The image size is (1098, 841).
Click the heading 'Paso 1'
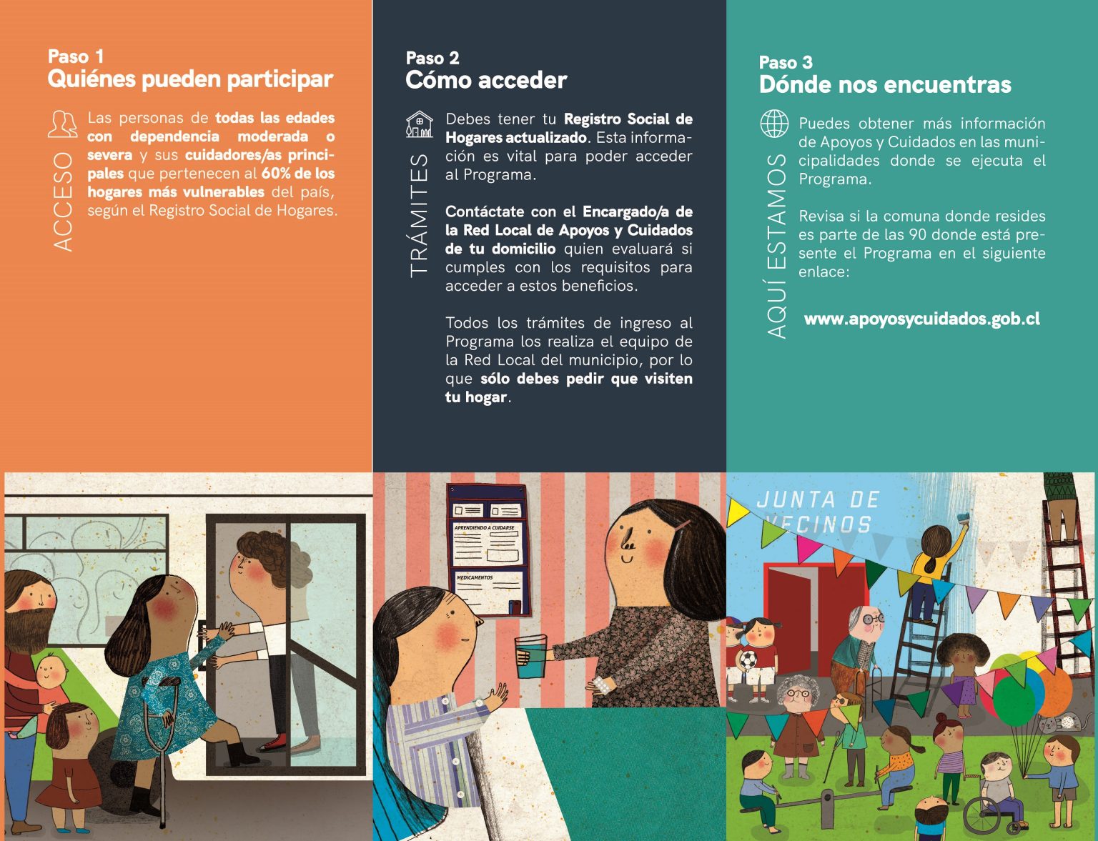pos(76,56)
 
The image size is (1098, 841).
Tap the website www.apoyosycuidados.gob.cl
pos(921,319)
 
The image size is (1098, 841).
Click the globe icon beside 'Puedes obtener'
pos(774,124)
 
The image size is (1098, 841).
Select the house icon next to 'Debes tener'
pos(420,124)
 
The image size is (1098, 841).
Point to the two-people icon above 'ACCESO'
pos(63,124)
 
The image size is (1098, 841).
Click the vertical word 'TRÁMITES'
pos(419,216)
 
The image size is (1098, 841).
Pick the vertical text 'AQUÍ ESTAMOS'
pos(776,246)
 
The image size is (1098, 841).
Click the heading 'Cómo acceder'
pos(486,80)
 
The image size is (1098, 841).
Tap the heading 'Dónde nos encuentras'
pos(885,84)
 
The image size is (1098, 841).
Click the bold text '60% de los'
pos(297,173)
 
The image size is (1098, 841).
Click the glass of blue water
pos(530,657)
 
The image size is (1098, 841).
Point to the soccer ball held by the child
pos(748,660)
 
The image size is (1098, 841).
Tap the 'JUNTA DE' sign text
pos(818,500)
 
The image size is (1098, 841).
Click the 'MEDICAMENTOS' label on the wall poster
pos(474,577)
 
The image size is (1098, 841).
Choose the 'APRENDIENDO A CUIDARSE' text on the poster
pos(484,527)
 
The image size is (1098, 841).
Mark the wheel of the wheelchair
pos(984,815)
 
